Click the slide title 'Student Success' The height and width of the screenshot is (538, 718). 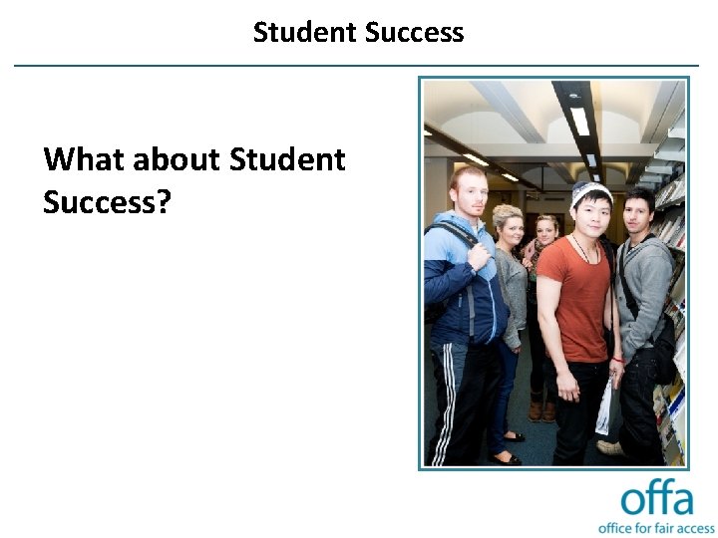[358, 32]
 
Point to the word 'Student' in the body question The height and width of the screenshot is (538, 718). [287, 159]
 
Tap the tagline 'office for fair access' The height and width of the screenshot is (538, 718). [656, 526]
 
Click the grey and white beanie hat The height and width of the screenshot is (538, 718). [590, 194]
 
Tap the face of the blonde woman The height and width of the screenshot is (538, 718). [508, 227]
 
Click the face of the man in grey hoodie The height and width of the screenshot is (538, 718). [637, 211]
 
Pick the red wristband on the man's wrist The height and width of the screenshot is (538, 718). [618, 360]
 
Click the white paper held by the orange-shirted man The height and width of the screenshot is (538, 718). [604, 408]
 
